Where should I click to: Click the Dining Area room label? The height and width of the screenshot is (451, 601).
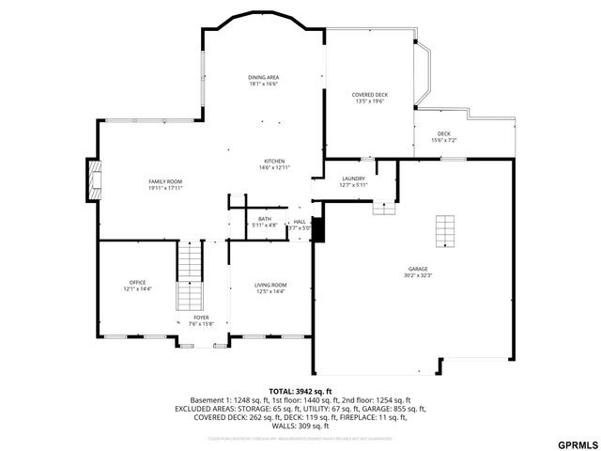[264, 77]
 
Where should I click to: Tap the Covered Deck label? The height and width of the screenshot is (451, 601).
[369, 95]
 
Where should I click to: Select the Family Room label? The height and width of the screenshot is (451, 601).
[165, 180]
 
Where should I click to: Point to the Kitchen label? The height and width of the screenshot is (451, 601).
[274, 161]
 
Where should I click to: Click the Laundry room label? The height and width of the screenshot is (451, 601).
[353, 178]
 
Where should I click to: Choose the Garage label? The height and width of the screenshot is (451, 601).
[417, 268]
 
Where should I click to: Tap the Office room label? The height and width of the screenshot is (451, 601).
[137, 282]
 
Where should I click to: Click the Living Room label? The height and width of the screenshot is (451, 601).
[270, 285]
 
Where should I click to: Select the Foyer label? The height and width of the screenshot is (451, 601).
[202, 318]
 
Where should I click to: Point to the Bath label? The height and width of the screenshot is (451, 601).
[265, 219]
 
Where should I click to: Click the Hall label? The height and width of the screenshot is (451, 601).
[299, 222]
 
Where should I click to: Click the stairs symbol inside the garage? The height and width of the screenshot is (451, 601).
[444, 229]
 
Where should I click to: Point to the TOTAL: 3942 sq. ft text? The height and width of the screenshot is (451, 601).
[300, 391]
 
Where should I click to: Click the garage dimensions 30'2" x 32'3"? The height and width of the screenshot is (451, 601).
[417, 274]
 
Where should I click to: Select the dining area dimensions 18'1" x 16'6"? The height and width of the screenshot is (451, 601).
[264, 84]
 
